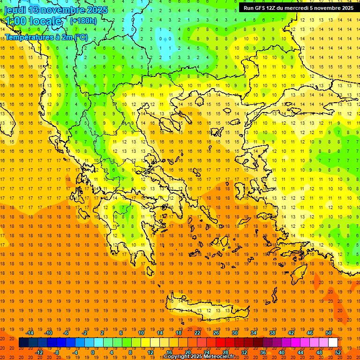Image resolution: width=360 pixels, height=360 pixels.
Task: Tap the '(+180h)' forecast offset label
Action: pyautogui.click(x=83, y=21)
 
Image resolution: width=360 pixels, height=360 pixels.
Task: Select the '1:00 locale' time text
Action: pyautogui.click(x=33, y=21)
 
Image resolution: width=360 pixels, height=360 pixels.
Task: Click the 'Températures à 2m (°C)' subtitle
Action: pyautogui.click(x=46, y=37)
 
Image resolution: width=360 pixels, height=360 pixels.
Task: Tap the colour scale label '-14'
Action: pyautogui.click(x=30, y=333)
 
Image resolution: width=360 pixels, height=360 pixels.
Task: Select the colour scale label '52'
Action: pyautogui.click(x=338, y=352)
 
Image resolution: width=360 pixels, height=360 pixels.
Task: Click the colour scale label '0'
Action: pyautogui.click(x=92, y=352)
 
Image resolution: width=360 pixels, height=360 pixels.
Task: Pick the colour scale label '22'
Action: pyautogui.click(x=197, y=333)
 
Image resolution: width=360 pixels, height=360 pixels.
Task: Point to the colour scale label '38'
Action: pyautogui.click(x=272, y=333)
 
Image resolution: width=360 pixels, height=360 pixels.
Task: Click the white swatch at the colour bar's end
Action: pyautogui.click(x=333, y=343)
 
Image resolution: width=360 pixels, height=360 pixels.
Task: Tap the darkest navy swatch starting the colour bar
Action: pyautogui.click(x=23, y=343)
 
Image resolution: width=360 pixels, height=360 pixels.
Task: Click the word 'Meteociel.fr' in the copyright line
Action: pyautogui.click(x=218, y=357)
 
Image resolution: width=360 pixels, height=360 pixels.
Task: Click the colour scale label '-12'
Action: pyautogui.click(x=39, y=352)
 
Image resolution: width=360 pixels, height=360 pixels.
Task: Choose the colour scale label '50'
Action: pyautogui.click(x=329, y=333)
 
